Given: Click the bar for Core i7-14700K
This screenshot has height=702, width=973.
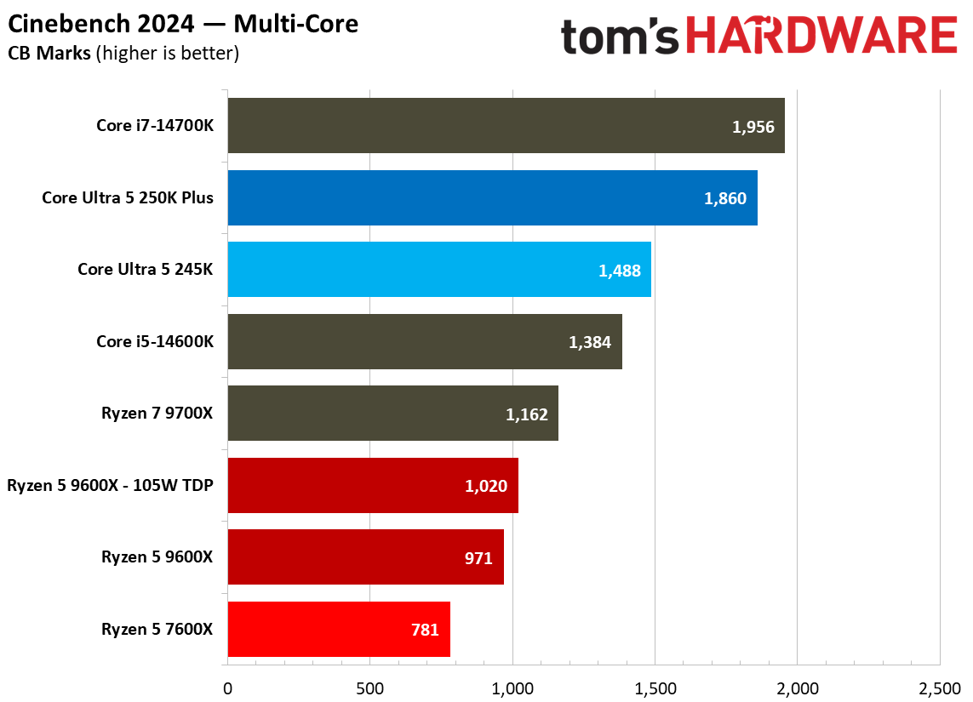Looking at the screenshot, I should click(506, 126).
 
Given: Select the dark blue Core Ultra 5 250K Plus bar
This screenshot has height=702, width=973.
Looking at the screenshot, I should click(492, 198).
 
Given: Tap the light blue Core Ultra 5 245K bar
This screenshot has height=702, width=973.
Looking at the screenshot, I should click(439, 270).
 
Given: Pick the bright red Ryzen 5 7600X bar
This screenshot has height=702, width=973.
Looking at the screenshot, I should click(339, 630).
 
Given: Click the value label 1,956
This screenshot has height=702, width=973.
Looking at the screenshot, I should click(753, 127).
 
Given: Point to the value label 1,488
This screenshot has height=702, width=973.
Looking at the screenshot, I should click(620, 271).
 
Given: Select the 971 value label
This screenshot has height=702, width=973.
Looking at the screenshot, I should click(478, 558).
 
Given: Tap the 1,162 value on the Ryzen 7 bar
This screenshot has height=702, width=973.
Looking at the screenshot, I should click(527, 414).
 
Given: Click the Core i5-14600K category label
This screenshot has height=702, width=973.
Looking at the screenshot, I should click(155, 342).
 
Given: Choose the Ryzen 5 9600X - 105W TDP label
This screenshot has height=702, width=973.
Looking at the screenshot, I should click(110, 486).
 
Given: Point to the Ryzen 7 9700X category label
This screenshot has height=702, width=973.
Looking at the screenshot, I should click(157, 414).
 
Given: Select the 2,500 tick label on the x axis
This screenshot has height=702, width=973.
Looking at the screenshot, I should click(939, 687).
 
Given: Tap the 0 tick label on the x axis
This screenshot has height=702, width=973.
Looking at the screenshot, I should click(227, 687).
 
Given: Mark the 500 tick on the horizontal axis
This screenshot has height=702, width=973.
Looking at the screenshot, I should click(369, 687).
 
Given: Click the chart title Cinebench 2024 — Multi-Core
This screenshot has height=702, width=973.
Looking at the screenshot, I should click(183, 24).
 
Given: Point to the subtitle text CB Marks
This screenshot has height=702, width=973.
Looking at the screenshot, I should click(49, 54).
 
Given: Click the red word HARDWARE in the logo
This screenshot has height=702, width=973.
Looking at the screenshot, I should click(822, 37).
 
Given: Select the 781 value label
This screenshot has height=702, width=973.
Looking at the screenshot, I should click(425, 631).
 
